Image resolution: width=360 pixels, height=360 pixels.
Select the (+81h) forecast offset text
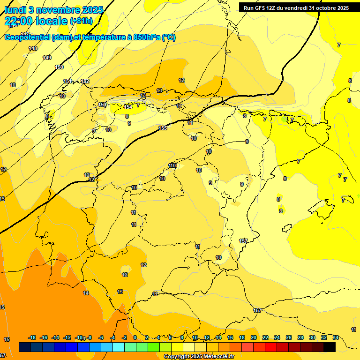81,21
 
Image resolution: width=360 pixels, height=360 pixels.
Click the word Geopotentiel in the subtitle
28,37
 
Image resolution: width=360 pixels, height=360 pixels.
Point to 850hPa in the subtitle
146,37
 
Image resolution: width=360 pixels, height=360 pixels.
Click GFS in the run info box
263,8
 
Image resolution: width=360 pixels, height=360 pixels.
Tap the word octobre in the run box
324,8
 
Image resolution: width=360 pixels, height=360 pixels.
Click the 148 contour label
33,48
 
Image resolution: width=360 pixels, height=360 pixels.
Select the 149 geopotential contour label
47,58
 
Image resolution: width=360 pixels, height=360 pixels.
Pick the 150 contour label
59,67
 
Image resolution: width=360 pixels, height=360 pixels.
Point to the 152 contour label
85,81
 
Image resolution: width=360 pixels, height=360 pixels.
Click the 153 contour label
102,105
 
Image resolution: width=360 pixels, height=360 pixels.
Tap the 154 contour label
128,107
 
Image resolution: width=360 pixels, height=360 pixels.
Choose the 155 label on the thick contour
163,128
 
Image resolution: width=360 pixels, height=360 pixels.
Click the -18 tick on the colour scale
32,337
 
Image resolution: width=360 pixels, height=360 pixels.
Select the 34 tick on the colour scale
336,337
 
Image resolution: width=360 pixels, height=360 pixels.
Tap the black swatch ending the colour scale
330,347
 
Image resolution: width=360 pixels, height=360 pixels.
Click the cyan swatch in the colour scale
119,347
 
